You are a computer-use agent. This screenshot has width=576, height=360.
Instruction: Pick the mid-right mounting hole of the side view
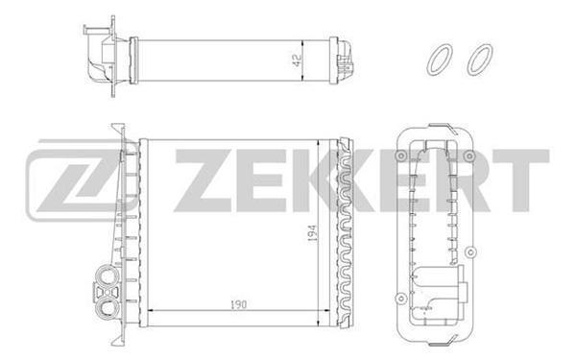tap(470, 255)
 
